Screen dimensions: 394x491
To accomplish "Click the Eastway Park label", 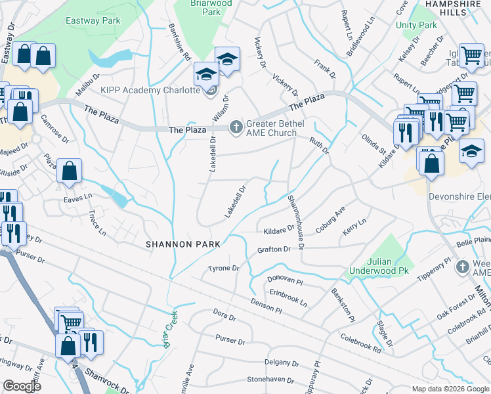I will pyautogui.click(x=93, y=21).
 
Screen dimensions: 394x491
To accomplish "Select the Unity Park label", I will pyautogui.click(x=416, y=25).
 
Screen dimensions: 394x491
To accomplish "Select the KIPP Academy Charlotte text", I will pyautogui.click(x=150, y=90).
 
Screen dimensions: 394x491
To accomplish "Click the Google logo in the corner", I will pyautogui.click(x=22, y=386).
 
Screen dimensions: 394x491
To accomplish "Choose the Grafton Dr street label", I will pyautogui.click(x=274, y=250).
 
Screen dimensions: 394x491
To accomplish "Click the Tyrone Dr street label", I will pyautogui.click(x=223, y=269).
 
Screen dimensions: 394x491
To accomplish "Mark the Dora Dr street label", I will pyautogui.click(x=224, y=317).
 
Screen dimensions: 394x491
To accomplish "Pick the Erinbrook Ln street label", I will pyautogui.click(x=288, y=297).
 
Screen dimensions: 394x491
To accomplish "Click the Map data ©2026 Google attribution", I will pyautogui.click(x=450, y=389).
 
